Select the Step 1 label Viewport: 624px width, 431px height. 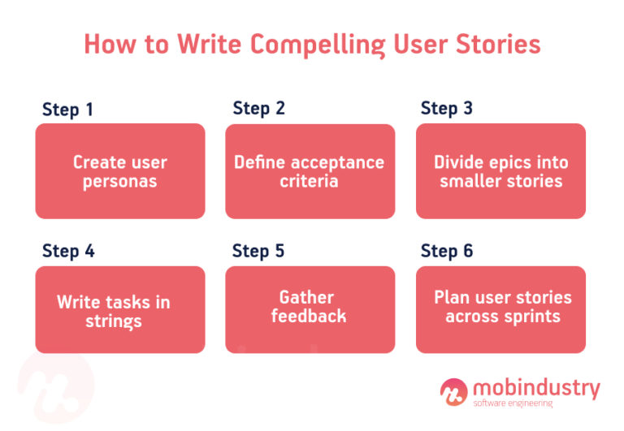point(68,110)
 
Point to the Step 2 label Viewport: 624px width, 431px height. point(258,108)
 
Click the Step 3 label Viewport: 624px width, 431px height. point(446,108)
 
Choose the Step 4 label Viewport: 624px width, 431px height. point(68,251)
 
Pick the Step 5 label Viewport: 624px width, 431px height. point(258,251)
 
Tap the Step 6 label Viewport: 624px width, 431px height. point(446,251)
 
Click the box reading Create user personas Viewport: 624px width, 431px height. point(120,171)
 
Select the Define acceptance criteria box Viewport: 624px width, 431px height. point(310,171)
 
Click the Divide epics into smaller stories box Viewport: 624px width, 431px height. point(500,171)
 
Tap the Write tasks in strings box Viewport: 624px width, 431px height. point(120,310)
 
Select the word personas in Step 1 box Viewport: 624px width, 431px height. point(120,181)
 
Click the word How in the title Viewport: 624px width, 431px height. point(110,44)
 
